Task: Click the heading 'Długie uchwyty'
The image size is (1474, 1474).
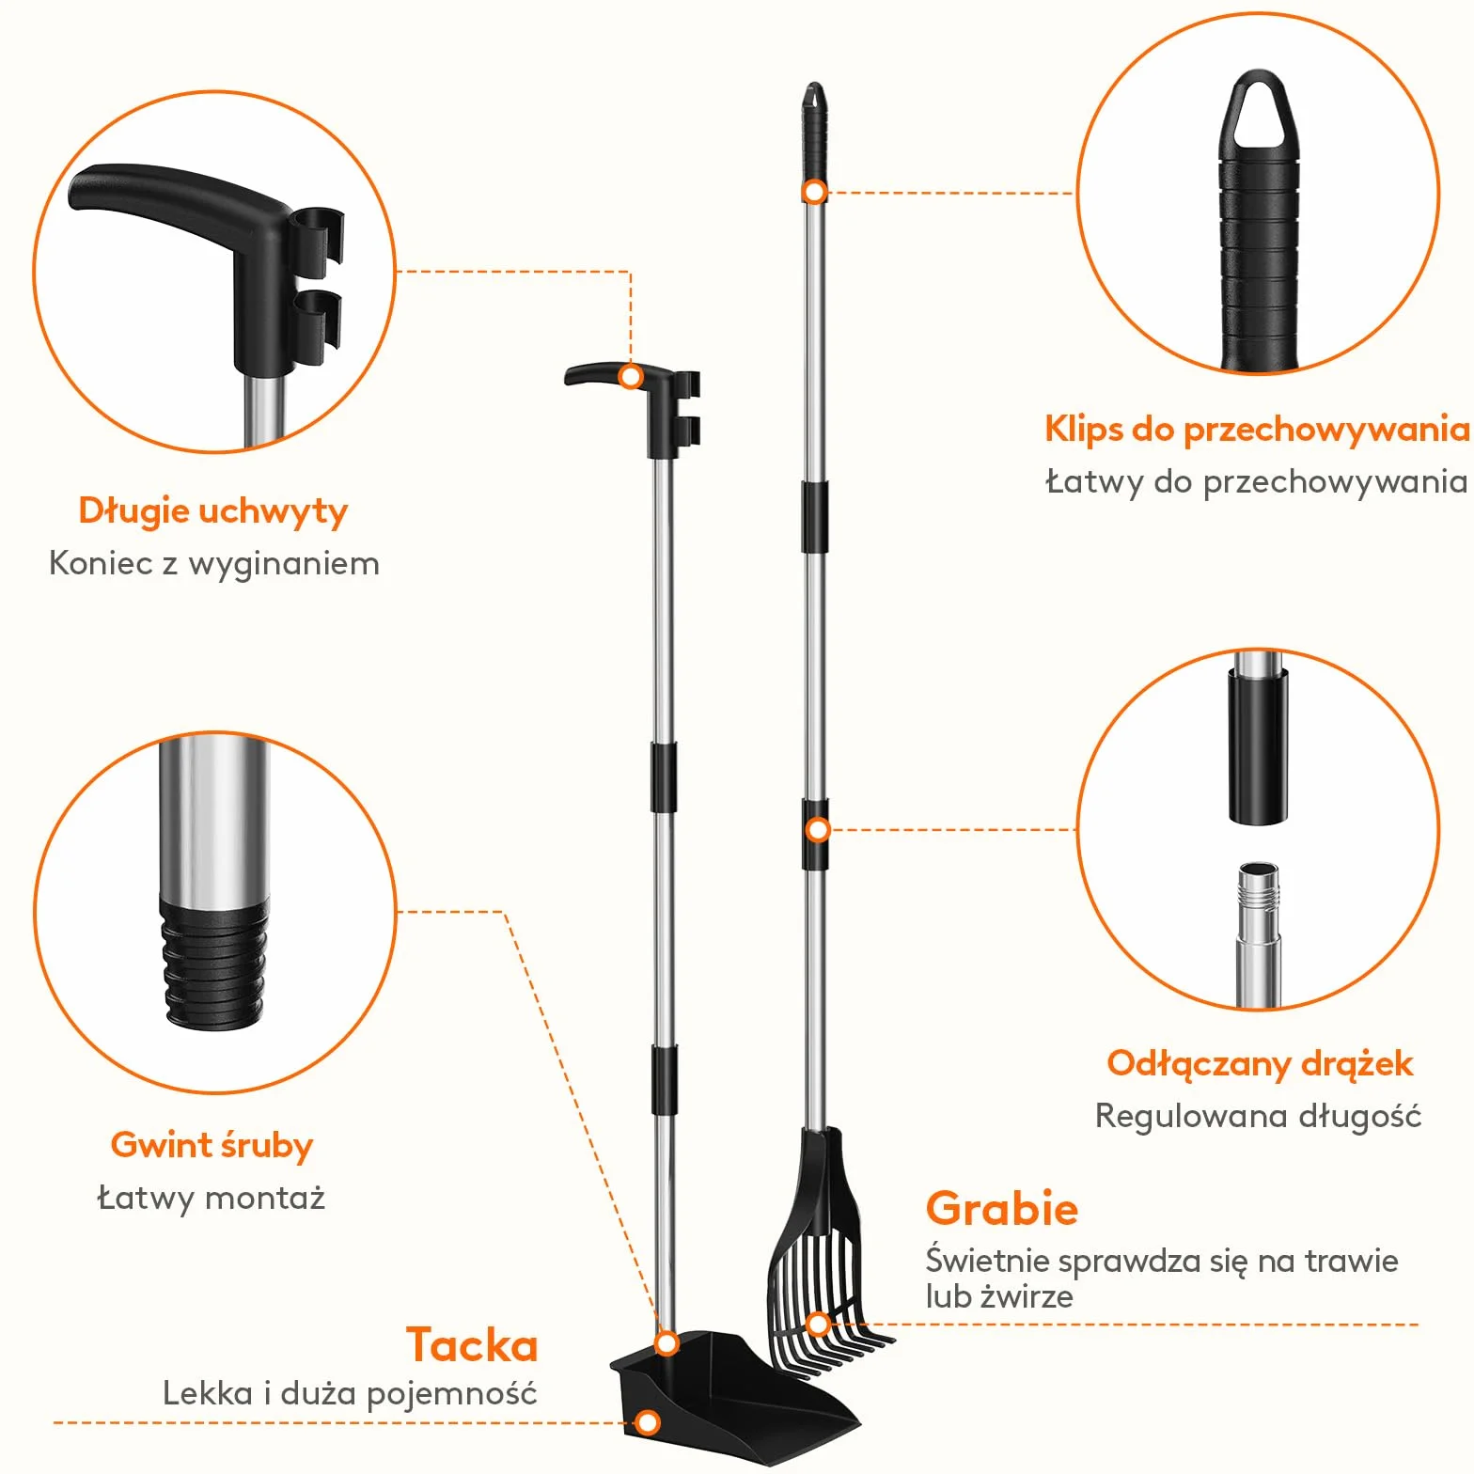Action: (213, 511)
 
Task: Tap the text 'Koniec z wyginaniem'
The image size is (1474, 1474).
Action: (214, 564)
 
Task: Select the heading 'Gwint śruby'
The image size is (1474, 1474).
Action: (212, 1146)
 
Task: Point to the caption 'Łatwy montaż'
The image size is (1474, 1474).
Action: (212, 1199)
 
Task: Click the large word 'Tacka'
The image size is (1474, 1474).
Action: (472, 1345)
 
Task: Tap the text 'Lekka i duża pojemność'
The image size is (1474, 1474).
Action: (350, 1393)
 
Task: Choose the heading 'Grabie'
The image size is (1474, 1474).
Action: (1001, 1209)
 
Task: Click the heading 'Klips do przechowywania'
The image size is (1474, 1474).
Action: (1257, 430)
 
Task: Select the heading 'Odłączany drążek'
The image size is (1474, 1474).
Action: (1260, 1064)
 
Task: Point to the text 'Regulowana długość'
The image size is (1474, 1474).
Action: (1258, 1117)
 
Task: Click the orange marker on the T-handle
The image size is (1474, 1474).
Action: (632, 377)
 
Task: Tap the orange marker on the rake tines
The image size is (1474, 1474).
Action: (819, 1325)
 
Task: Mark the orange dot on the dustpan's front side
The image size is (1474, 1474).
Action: (648, 1422)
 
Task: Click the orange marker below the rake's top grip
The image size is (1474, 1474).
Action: (815, 193)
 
